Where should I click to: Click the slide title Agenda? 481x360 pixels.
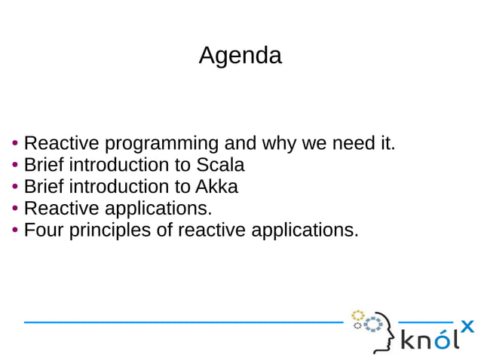point(240,56)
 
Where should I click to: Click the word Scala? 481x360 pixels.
point(220,165)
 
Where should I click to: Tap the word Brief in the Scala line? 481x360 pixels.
point(44,165)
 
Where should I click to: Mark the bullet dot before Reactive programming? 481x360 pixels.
point(15,144)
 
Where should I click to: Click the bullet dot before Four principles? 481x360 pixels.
point(15,230)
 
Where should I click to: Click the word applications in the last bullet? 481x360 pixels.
point(304,230)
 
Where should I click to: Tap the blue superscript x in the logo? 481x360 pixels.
point(467,326)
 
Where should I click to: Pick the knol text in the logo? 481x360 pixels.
point(429,340)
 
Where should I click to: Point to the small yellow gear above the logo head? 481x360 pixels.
point(358,315)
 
